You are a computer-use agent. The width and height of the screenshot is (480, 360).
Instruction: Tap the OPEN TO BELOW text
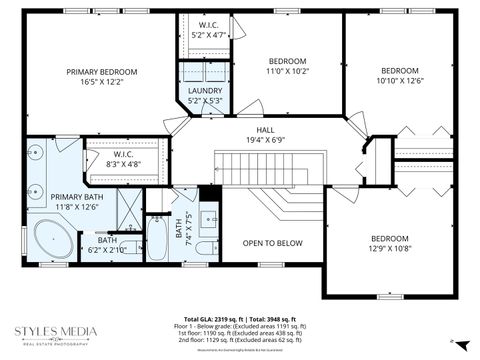pyautogui.click(x=273, y=243)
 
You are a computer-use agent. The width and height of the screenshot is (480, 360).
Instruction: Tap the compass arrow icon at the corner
pyautogui.click(x=453, y=341)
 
